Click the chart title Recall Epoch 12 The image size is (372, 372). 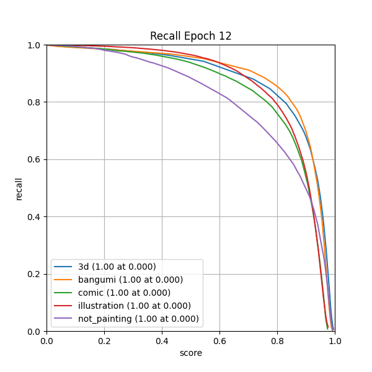coord(190,36)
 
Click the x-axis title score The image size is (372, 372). coord(190,353)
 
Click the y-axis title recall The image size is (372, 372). coord(19,188)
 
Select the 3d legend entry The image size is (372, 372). coord(117,267)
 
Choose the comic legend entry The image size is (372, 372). coord(124,293)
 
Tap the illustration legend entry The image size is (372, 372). coord(134,306)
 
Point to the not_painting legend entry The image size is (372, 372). coord(138,319)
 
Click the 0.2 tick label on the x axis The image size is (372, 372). coord(104,340)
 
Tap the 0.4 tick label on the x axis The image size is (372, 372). coord(162,340)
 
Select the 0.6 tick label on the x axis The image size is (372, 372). coord(219,340)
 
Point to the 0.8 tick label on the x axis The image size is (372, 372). coord(277,340)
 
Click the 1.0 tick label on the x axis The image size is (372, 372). coord(335,340)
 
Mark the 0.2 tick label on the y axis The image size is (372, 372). coord(35,274)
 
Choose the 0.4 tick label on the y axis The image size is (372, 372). coord(35,217)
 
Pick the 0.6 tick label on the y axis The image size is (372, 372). coord(35,160)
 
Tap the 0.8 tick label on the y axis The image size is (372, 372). coord(35,102)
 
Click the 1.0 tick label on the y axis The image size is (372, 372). coord(35,45)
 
